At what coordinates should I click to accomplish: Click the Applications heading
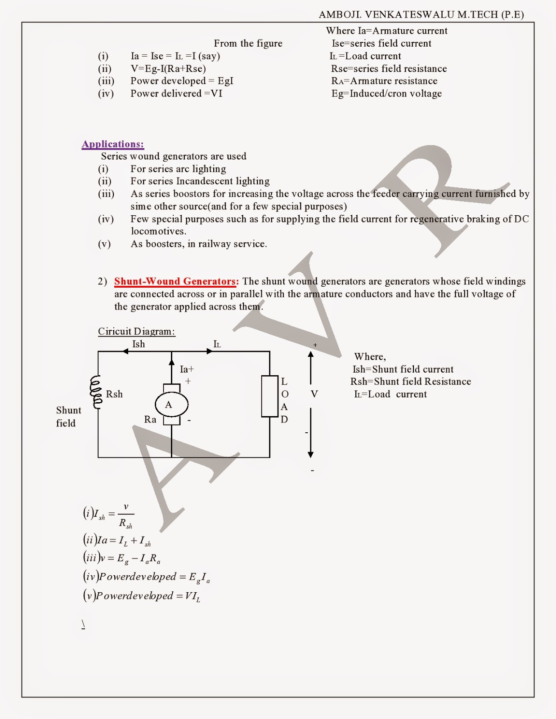(x=112, y=144)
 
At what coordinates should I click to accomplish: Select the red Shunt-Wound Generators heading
(x=176, y=282)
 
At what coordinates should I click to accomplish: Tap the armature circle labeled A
(x=171, y=404)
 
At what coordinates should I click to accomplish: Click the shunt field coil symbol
(x=96, y=392)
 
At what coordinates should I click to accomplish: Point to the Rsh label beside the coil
(x=114, y=394)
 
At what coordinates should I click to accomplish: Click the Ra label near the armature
(x=150, y=420)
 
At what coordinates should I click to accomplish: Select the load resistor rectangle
(x=269, y=396)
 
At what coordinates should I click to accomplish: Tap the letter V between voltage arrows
(x=314, y=394)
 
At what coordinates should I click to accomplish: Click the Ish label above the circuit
(x=139, y=344)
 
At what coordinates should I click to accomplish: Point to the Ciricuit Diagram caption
(x=136, y=332)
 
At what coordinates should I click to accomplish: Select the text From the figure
(x=248, y=44)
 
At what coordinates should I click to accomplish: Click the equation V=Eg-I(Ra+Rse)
(x=168, y=69)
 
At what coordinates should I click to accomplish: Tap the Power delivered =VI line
(x=176, y=93)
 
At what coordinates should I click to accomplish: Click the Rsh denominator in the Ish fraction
(x=126, y=524)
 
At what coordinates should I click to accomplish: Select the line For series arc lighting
(x=178, y=169)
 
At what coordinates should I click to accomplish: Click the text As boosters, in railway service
(x=198, y=244)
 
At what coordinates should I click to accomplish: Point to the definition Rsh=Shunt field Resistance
(x=411, y=382)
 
